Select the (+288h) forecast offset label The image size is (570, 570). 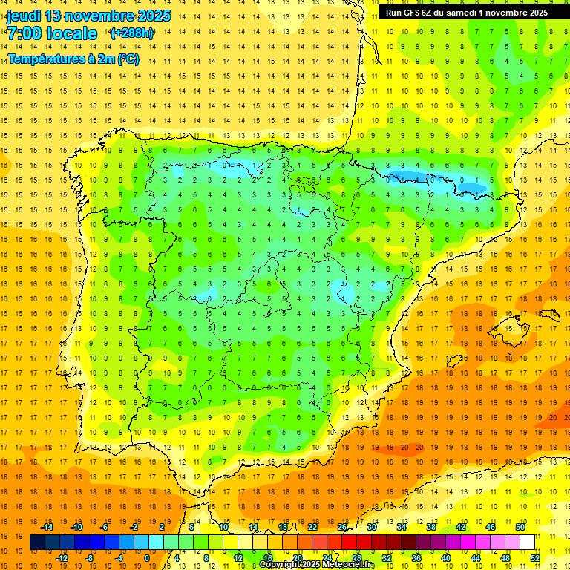pos(132,33)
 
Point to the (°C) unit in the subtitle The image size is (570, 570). pos(128,59)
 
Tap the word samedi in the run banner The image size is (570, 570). pos(462,13)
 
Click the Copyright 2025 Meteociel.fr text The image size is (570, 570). pos(317,565)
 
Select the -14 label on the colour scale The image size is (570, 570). pos(47,527)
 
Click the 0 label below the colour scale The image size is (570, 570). pos(147,557)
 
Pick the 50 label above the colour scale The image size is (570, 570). pos(520,527)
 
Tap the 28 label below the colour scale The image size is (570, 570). pos(356,557)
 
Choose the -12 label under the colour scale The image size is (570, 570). pos(62,557)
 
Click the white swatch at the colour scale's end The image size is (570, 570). pos(528,543)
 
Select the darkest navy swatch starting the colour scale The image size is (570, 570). pos(37,543)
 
